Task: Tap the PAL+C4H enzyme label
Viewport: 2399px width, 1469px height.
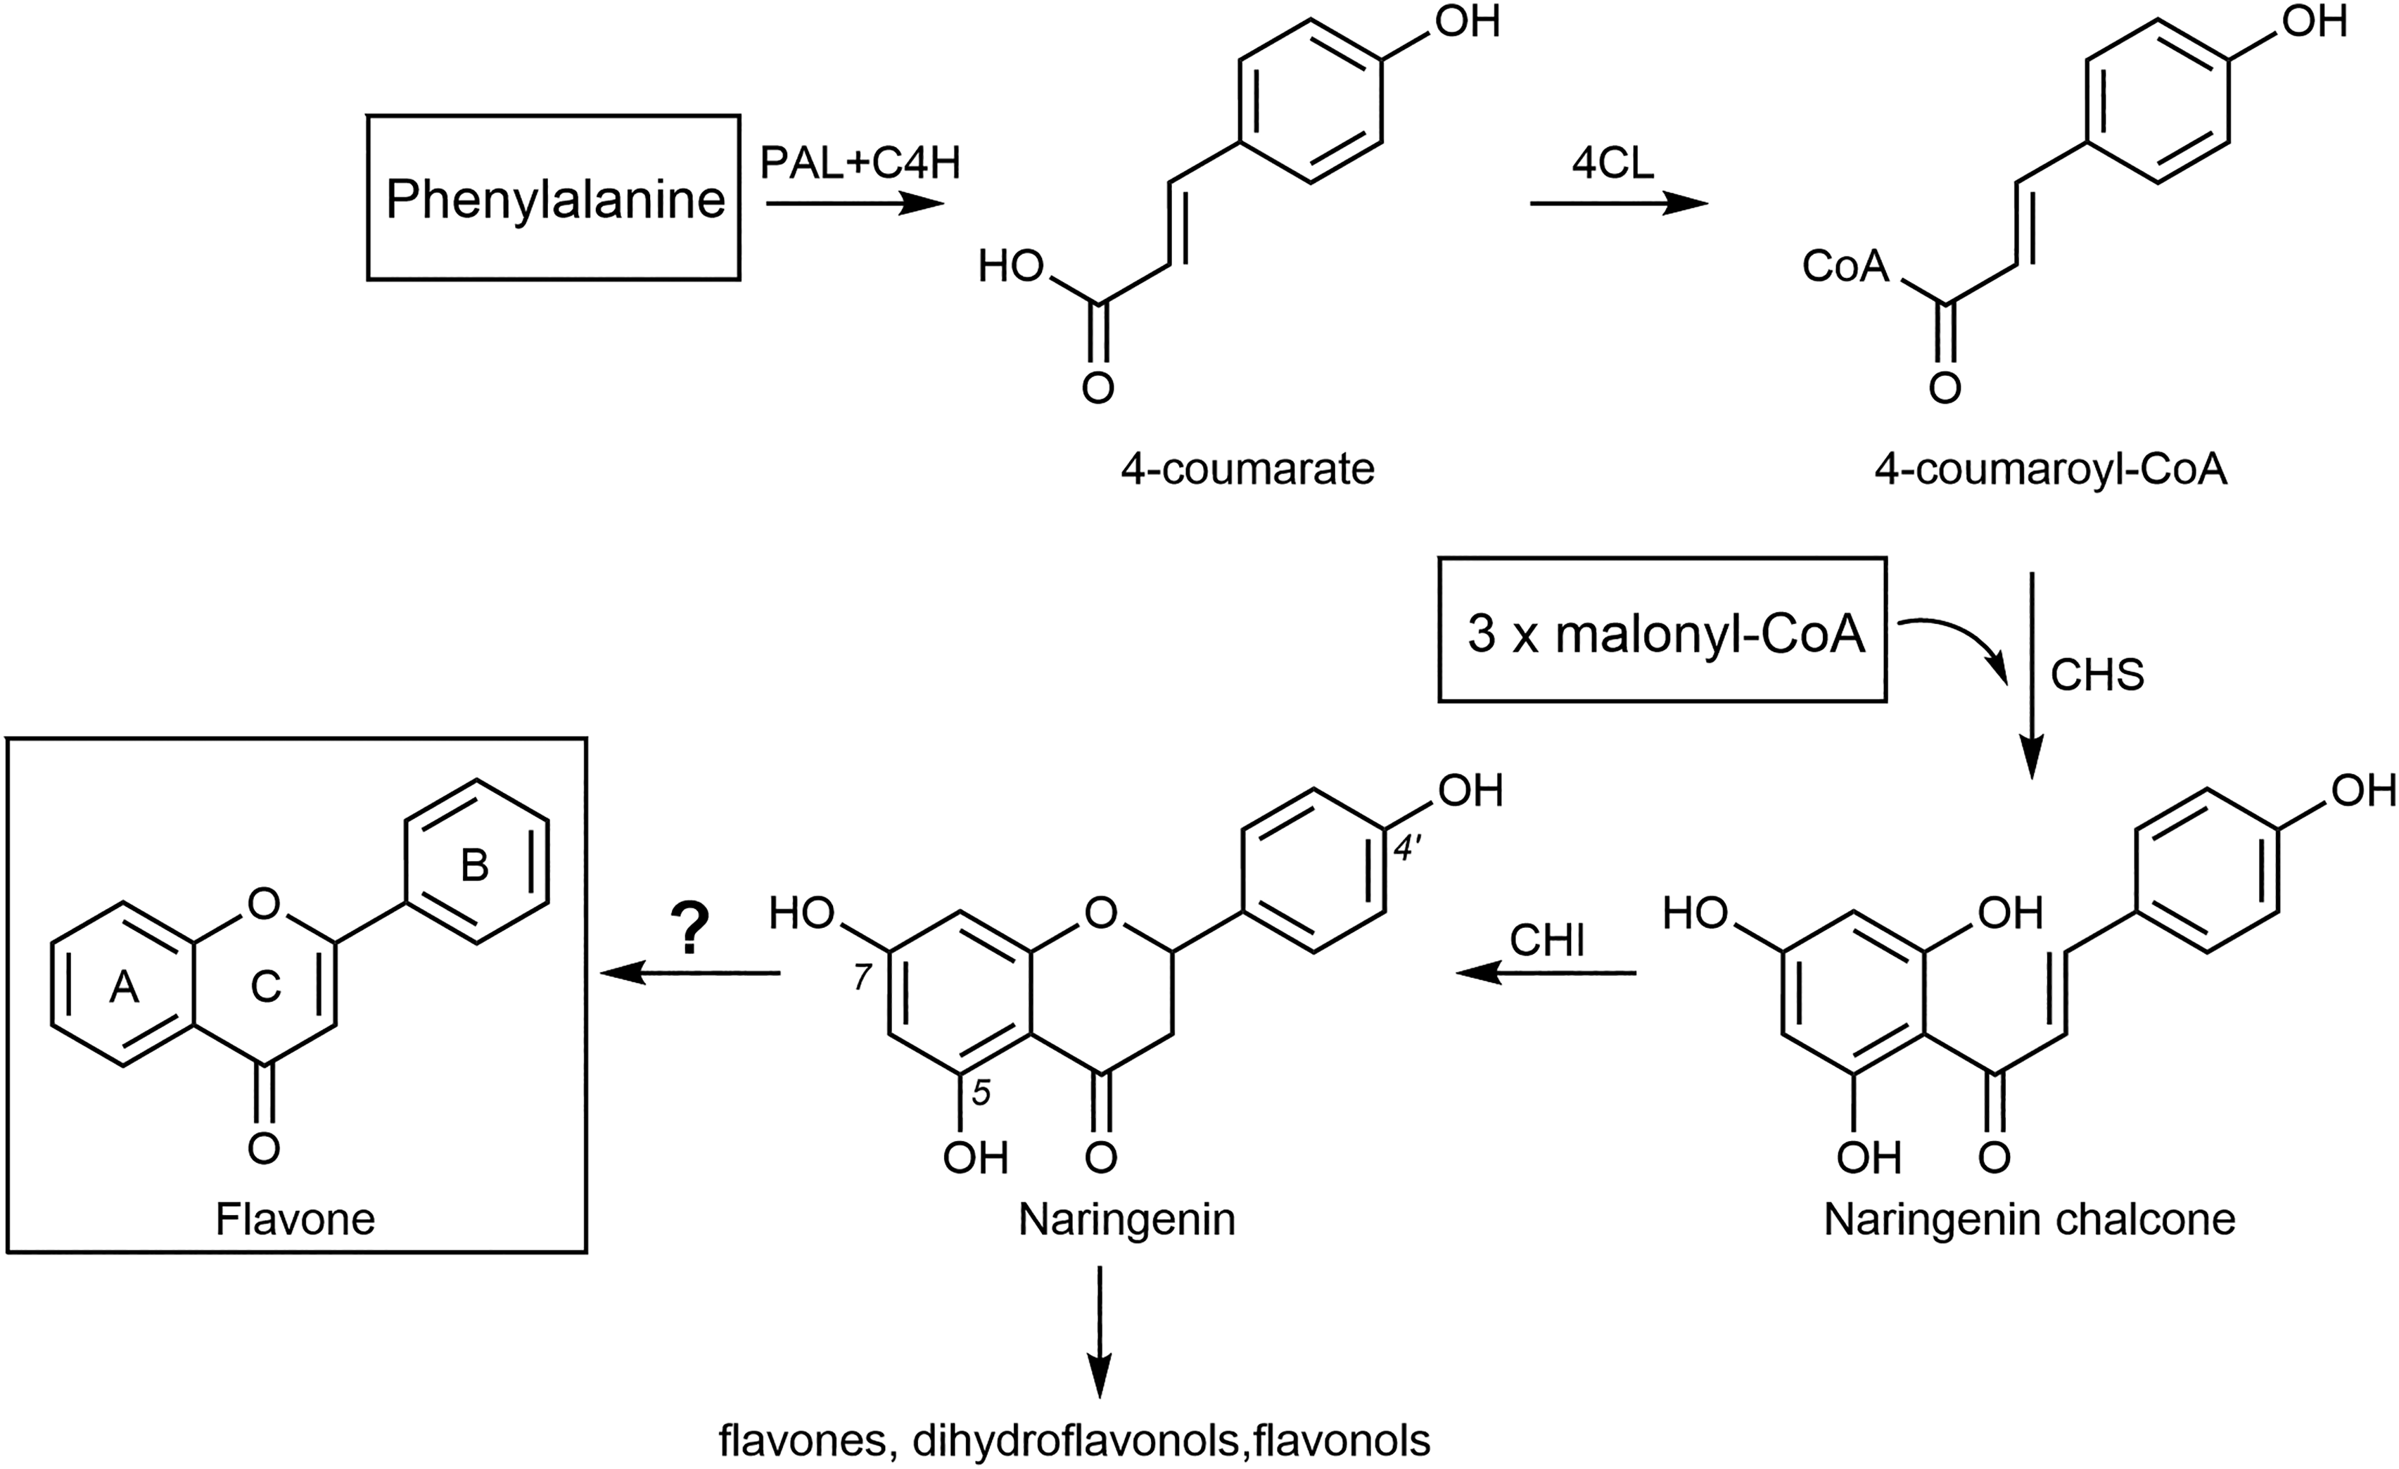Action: (860, 163)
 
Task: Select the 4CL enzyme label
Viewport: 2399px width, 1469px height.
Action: (1612, 163)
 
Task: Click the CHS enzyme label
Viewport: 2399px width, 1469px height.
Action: (2097, 675)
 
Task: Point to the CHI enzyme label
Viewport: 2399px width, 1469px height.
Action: (1547, 941)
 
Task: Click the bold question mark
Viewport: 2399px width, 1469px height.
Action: (690, 929)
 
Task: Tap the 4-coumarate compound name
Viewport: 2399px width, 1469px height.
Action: (1247, 469)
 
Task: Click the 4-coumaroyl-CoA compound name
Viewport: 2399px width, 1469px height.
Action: (2051, 469)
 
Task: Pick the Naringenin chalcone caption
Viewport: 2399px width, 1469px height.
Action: (2029, 1219)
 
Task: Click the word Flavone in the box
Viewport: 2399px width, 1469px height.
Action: (295, 1219)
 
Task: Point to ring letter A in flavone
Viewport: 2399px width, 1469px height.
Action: (124, 988)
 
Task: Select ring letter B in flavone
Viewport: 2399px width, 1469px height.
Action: (474, 865)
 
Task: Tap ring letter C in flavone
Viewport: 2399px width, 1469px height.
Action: (266, 987)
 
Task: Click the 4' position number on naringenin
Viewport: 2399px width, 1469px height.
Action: (1407, 849)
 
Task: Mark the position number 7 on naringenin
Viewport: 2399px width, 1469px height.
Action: (862, 977)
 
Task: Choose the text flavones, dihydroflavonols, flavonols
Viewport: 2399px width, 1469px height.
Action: (1075, 1441)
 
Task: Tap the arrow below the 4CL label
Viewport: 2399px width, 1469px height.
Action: (1619, 203)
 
